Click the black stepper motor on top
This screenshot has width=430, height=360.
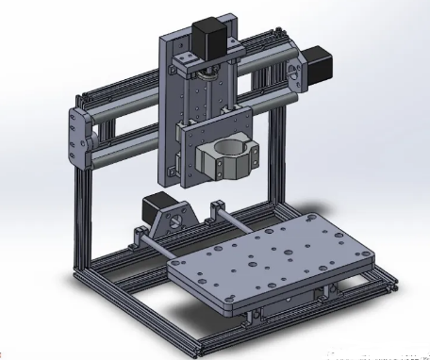(207, 35)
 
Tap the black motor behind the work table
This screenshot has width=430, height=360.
(154, 211)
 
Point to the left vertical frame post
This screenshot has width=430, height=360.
(79, 217)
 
